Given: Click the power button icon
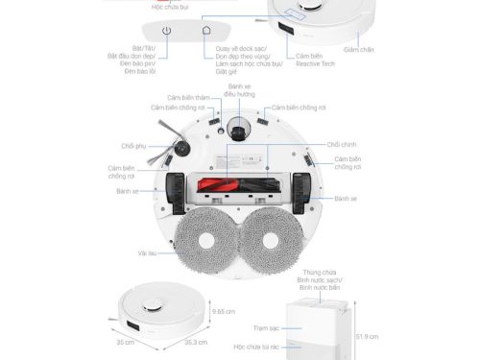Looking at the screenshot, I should [167, 31].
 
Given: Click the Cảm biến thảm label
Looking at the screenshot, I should [186, 97].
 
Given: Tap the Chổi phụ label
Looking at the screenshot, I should [132, 147].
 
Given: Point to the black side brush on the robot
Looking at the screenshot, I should [178, 150].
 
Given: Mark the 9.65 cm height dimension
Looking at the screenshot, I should [223, 312].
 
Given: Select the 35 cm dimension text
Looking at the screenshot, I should [124, 342].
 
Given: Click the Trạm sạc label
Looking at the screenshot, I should [265, 327].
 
